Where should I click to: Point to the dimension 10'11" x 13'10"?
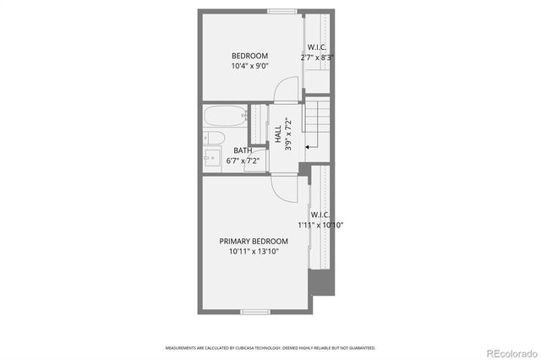tap(254, 252)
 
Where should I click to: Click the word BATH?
tap(242, 150)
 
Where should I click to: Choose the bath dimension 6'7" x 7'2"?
tap(242, 161)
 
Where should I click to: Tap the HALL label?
tap(278, 133)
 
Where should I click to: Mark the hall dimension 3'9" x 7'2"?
tap(288, 133)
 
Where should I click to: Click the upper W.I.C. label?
tap(318, 47)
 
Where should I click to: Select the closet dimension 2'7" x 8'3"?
tap(318, 57)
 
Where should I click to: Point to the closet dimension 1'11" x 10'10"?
tap(320, 226)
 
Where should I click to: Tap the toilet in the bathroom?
tap(212, 138)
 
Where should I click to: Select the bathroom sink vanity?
tap(211, 158)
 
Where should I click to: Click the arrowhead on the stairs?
tap(306, 146)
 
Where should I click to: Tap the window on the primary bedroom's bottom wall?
tap(254, 313)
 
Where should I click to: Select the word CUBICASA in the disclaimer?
tap(243, 348)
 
